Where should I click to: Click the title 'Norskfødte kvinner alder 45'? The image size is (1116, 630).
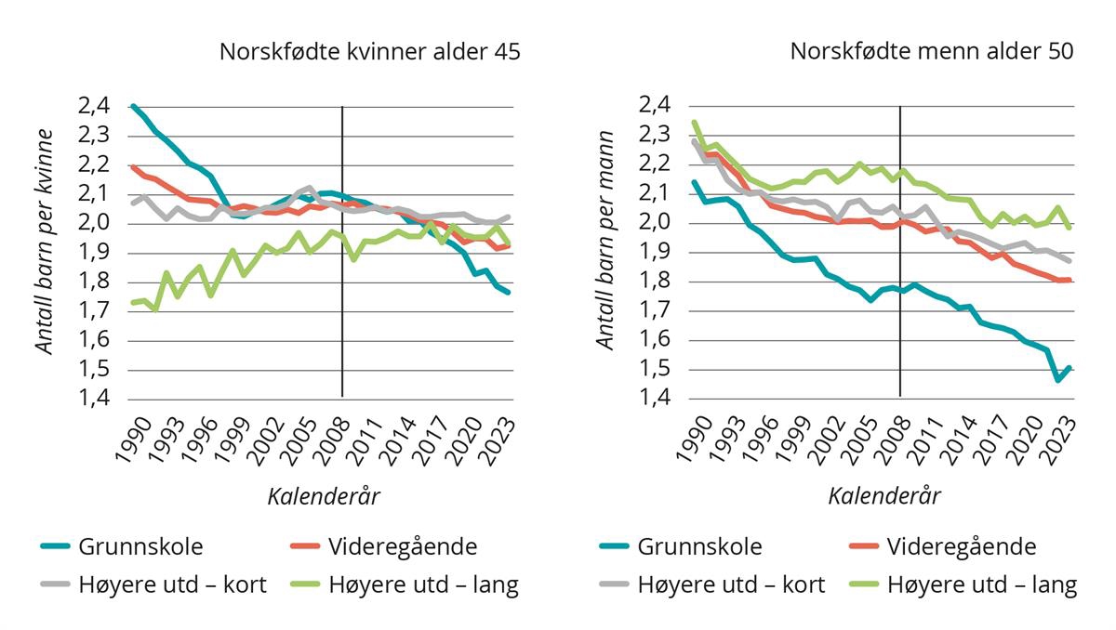(369, 52)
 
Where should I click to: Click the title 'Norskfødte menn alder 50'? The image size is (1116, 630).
(932, 52)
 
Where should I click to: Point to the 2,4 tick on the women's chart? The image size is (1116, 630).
(96, 106)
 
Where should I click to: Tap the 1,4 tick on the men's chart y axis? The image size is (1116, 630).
(657, 399)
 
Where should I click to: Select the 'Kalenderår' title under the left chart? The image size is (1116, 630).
(324, 495)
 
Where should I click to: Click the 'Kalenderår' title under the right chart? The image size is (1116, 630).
(884, 495)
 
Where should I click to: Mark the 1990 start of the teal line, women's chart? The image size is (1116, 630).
(134, 106)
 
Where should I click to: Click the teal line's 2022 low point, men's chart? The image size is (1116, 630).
(1058, 379)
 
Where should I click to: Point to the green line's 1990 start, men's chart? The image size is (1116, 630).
(693, 123)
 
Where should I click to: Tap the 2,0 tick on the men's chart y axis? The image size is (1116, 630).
(657, 223)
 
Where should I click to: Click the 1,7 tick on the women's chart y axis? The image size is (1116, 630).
(96, 311)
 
